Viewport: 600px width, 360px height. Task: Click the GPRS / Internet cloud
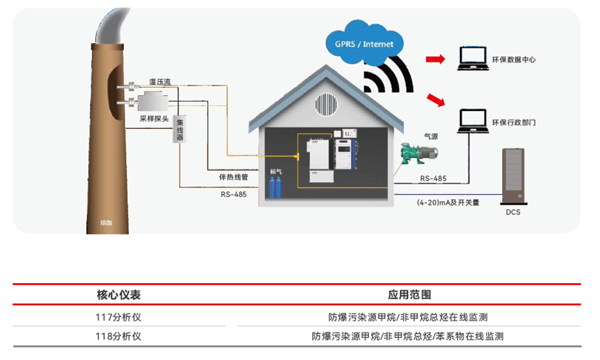tap(363, 43)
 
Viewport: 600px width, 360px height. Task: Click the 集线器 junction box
tap(180, 128)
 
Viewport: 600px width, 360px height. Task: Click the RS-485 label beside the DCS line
tap(433, 179)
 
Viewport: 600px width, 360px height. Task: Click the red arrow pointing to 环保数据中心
tap(435, 60)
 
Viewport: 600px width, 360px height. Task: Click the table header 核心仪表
tap(119, 295)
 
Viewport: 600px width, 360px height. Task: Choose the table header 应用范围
tap(409, 295)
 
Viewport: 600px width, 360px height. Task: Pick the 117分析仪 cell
tap(119, 317)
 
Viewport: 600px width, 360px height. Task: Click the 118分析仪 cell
tap(119, 336)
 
